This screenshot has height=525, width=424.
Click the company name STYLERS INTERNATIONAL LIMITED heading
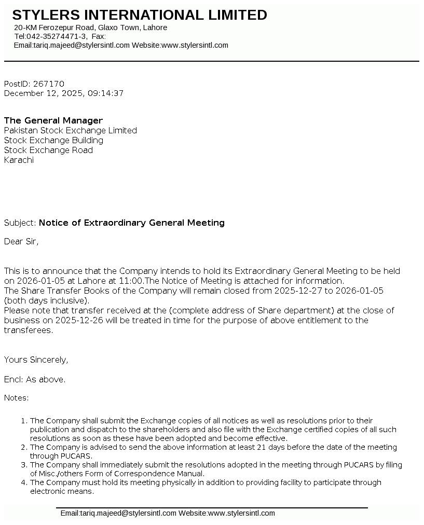140,15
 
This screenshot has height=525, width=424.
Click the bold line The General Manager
53,121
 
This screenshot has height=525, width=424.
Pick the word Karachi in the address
19,160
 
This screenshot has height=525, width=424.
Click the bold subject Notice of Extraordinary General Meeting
132,223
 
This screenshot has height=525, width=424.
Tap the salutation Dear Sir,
21,242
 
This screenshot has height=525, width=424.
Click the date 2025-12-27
298,291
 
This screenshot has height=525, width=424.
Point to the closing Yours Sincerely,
36,360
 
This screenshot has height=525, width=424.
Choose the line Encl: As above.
35,380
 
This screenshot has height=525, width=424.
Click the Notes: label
17,398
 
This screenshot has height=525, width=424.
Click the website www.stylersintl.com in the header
195,45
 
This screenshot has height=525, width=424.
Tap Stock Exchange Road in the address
48,150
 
